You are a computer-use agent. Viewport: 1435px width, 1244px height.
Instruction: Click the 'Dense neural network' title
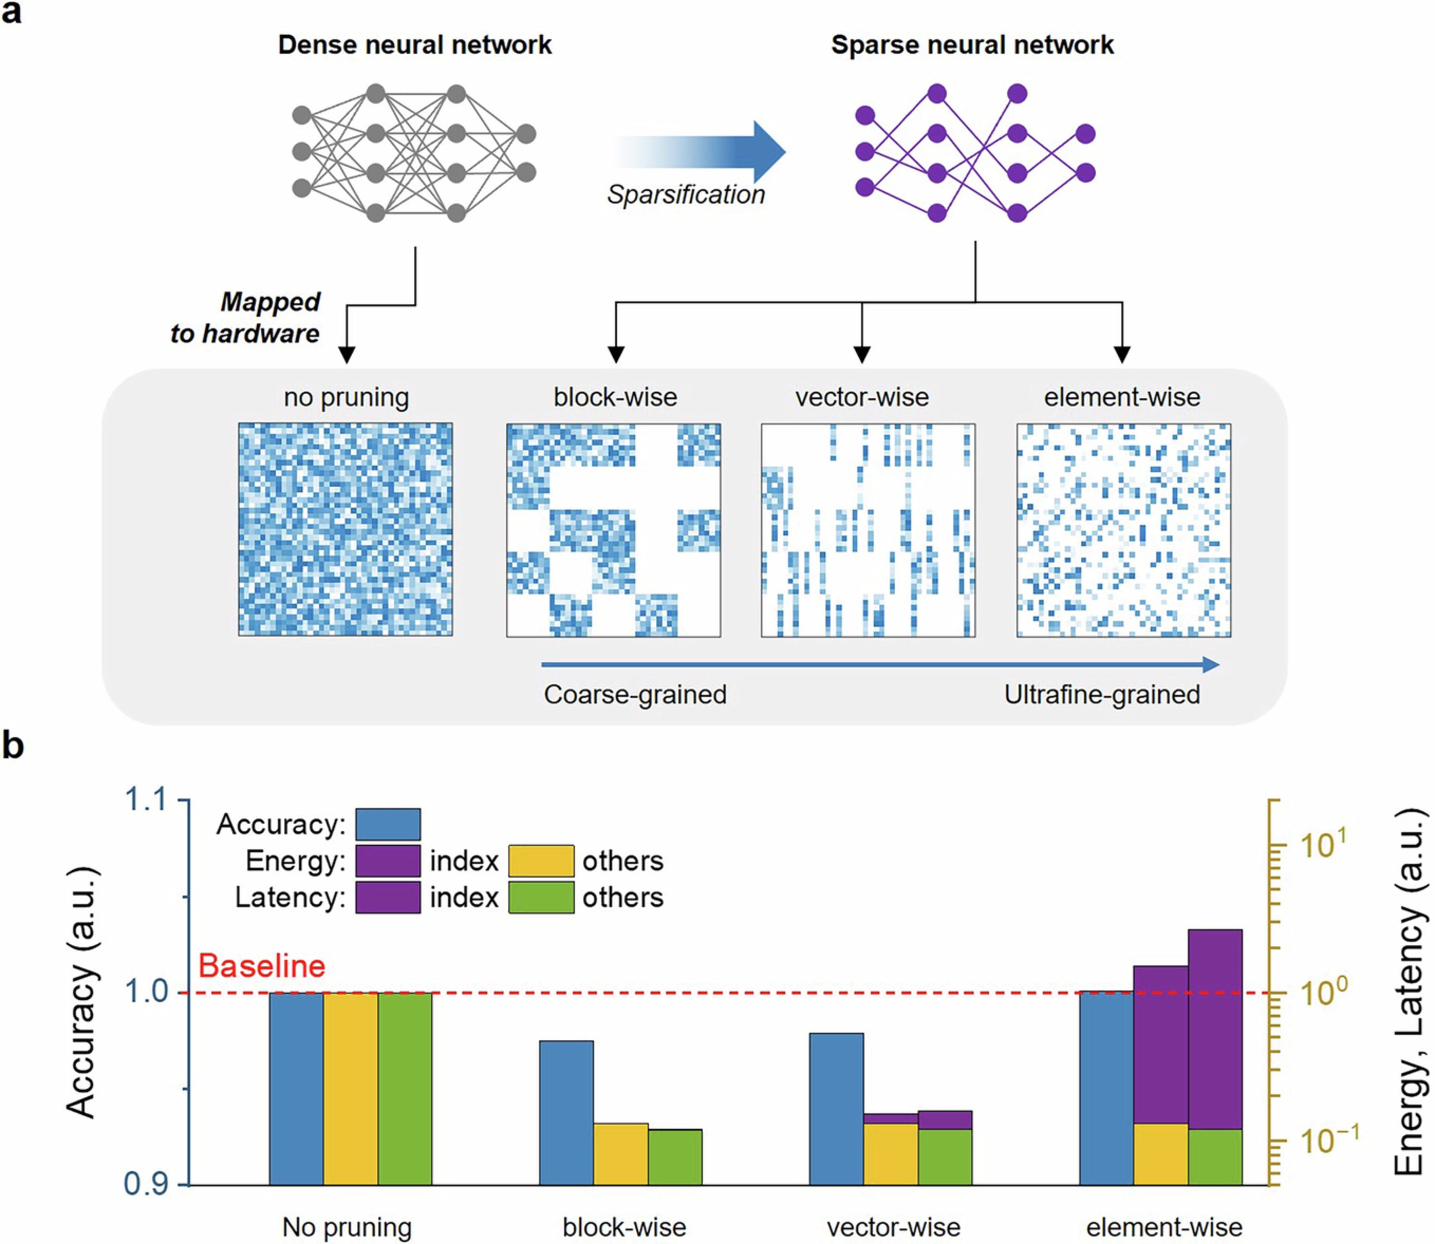click(x=415, y=45)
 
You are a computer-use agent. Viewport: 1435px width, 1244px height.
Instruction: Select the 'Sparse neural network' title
click(x=972, y=45)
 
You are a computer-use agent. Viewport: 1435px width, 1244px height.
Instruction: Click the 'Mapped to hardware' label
click(x=257, y=318)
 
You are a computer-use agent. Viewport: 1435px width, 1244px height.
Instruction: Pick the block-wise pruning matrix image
click(x=613, y=530)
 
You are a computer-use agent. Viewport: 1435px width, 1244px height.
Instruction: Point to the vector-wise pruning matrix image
click(x=868, y=530)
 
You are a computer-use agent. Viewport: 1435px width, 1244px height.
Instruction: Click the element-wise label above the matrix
click(x=1122, y=397)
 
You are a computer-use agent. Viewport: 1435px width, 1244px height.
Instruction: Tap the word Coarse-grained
click(x=635, y=694)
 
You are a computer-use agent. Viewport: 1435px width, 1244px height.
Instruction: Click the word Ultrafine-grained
click(x=1102, y=694)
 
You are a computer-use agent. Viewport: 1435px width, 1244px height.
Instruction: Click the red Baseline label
click(x=262, y=965)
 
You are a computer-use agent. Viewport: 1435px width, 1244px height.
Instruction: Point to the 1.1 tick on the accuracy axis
click(x=146, y=800)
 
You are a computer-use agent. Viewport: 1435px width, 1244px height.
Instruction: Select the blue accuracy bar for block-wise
click(x=566, y=1112)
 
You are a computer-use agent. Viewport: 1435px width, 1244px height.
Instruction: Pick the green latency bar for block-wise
click(x=675, y=1157)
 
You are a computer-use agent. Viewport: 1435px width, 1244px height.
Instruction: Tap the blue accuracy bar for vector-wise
click(x=836, y=1108)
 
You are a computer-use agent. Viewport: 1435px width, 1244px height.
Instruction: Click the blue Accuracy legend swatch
click(x=388, y=824)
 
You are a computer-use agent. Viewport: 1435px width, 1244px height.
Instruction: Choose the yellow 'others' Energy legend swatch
click(x=541, y=861)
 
